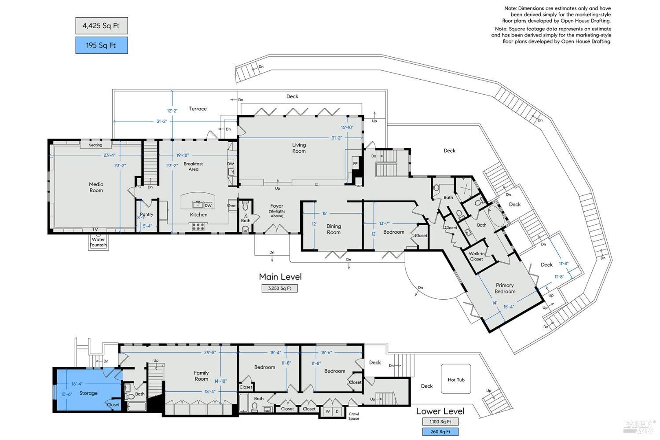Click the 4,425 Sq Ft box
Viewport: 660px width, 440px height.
pyautogui.click(x=102, y=26)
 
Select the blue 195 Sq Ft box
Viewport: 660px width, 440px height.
pyautogui.click(x=102, y=45)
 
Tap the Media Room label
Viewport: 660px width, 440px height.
pyautogui.click(x=96, y=187)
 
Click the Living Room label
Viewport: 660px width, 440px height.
pyautogui.click(x=299, y=148)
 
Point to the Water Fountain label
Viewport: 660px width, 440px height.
pyautogui.click(x=98, y=242)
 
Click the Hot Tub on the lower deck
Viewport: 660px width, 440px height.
pyautogui.click(x=456, y=380)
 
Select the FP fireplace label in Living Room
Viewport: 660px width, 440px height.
pyautogui.click(x=355, y=164)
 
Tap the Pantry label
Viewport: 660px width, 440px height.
pyautogui.click(x=147, y=215)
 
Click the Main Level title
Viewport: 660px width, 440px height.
pyautogui.click(x=280, y=277)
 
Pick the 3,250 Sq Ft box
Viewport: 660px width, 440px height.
pyautogui.click(x=280, y=289)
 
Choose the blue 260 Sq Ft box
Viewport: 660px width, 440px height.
pyautogui.click(x=440, y=432)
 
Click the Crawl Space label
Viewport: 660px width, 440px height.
pyautogui.click(x=354, y=416)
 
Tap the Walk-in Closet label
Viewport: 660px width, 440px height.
pyautogui.click(x=477, y=257)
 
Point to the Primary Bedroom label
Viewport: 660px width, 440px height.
pyautogui.click(x=505, y=288)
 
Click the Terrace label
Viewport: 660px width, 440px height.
pyautogui.click(x=198, y=109)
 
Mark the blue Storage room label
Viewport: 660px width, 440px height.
pyautogui.click(x=88, y=393)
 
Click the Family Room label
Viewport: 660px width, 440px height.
pyautogui.click(x=201, y=376)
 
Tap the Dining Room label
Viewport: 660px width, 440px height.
pyautogui.click(x=334, y=229)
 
